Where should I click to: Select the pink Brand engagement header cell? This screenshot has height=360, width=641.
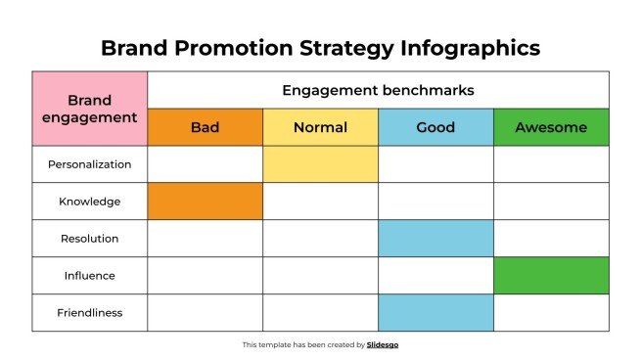pos(90,109)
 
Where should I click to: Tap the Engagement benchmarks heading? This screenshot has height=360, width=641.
pos(378,90)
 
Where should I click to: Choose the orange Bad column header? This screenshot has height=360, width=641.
pos(206,127)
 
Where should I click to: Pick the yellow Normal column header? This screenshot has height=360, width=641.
pos(320,127)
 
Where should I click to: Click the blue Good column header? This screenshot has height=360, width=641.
pos(435,127)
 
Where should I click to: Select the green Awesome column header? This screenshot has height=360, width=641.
pos(551,127)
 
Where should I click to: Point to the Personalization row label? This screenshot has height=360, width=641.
pos(90,164)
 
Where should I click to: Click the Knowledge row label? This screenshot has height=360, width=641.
pos(90,202)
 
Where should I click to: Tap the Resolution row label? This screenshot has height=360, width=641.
pos(90,239)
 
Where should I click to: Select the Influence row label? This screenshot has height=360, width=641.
pos(90,276)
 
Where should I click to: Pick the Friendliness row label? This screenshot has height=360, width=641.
pos(90,313)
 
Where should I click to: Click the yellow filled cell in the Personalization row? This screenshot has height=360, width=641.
pos(320,164)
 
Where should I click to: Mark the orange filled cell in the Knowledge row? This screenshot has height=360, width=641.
pos(206,202)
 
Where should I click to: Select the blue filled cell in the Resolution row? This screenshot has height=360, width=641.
pos(435,239)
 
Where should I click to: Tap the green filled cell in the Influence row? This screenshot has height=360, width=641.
pos(551,276)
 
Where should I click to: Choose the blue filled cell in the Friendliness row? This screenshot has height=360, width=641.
pos(435,313)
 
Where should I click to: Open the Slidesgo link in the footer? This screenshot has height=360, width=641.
pos(383,344)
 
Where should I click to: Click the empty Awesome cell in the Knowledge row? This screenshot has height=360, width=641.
pos(551,202)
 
